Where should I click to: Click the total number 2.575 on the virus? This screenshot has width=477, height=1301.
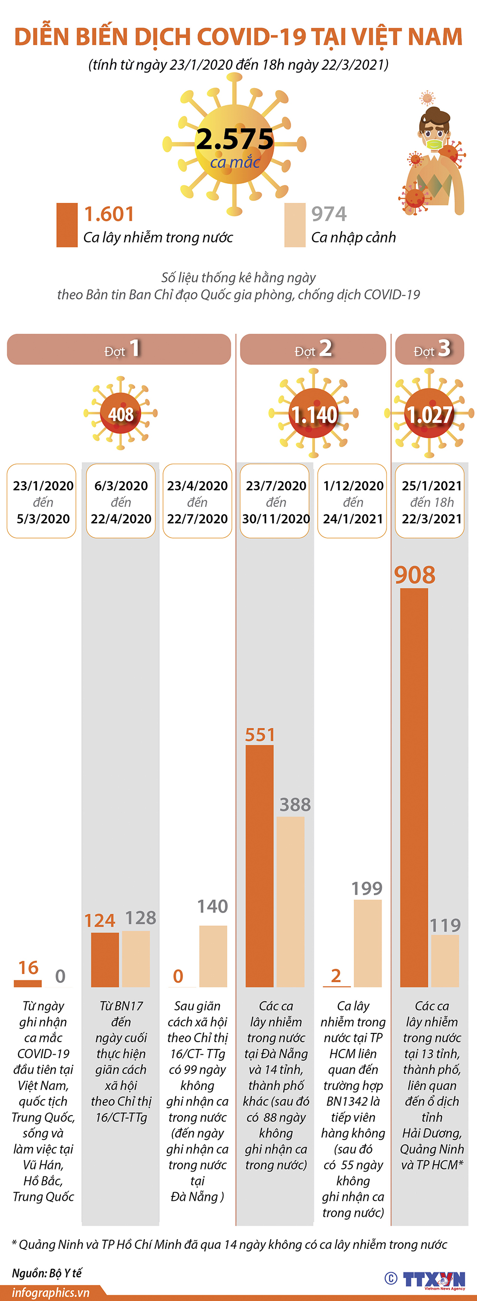[x=235, y=139]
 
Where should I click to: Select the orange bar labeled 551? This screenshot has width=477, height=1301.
[x=259, y=866]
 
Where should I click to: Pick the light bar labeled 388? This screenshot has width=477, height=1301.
[x=291, y=902]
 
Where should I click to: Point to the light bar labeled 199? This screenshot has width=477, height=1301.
[x=367, y=943]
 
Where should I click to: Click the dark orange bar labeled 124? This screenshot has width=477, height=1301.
[x=105, y=959]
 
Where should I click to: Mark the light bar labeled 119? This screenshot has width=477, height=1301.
[x=445, y=960]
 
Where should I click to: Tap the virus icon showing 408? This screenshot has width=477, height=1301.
[x=121, y=414]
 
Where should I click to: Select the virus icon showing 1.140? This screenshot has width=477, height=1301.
[x=314, y=414]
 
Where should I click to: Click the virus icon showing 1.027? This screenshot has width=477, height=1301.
[x=429, y=414]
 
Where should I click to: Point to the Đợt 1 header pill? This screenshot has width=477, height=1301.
[x=119, y=349]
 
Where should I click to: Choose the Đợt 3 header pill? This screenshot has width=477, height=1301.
[x=429, y=349]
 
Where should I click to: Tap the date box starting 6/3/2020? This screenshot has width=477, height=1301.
[x=121, y=501]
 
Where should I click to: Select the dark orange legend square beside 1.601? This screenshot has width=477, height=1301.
[x=67, y=225]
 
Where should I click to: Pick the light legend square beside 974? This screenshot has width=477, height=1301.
[x=294, y=225]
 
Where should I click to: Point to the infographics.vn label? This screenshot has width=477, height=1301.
[x=51, y=1292]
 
